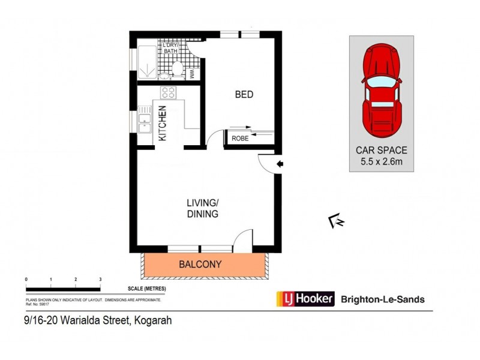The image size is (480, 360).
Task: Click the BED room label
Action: [244, 95]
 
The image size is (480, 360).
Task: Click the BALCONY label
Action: [200, 264]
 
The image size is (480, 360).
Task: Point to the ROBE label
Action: [240, 138]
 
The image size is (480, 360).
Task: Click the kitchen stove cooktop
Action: [168, 93]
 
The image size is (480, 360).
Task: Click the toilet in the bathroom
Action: [176, 71]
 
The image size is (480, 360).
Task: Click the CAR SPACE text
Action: [381, 150]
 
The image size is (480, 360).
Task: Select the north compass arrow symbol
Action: [336, 222]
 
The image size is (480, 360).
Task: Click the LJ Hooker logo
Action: [304, 299]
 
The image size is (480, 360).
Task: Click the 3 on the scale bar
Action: [100, 280]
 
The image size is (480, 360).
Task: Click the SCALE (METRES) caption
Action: [146, 289]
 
